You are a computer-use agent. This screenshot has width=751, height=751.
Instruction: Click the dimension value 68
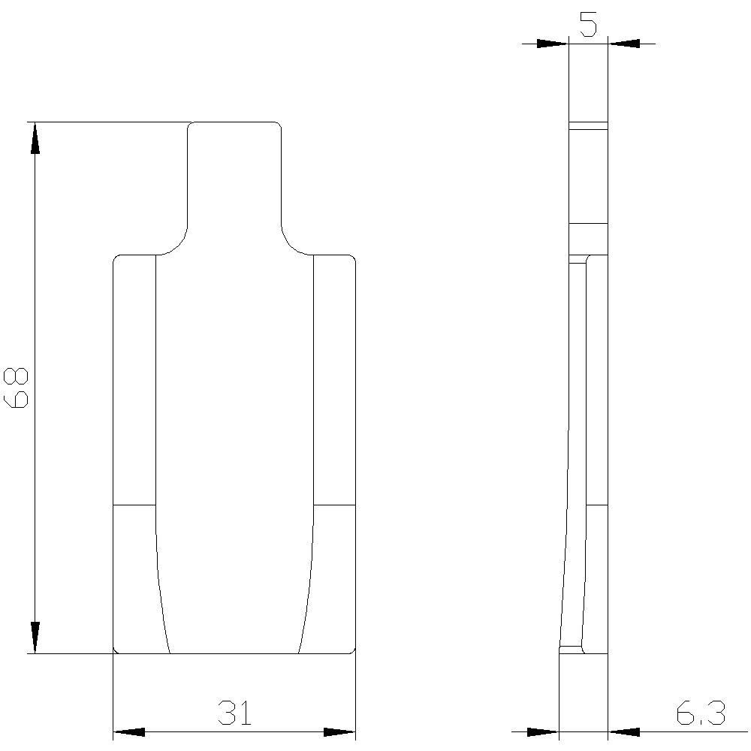pos(17,388)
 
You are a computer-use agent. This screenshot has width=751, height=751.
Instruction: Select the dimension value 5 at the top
pos(588,25)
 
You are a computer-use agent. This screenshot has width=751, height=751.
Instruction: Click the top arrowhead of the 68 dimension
pos(35,138)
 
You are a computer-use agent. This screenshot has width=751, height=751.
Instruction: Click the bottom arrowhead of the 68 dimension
pos(35,638)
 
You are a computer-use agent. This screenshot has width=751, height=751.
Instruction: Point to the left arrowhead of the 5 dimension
pos(553,44)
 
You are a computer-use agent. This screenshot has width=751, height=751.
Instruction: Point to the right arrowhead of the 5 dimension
pos(623,44)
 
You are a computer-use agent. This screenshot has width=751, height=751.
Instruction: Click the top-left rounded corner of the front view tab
pos(190,125)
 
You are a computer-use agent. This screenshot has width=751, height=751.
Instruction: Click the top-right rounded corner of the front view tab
pos(279,125)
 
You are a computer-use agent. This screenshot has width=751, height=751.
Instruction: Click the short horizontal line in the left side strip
pos(134,505)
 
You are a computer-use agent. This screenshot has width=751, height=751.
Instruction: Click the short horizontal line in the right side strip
pos(333,505)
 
